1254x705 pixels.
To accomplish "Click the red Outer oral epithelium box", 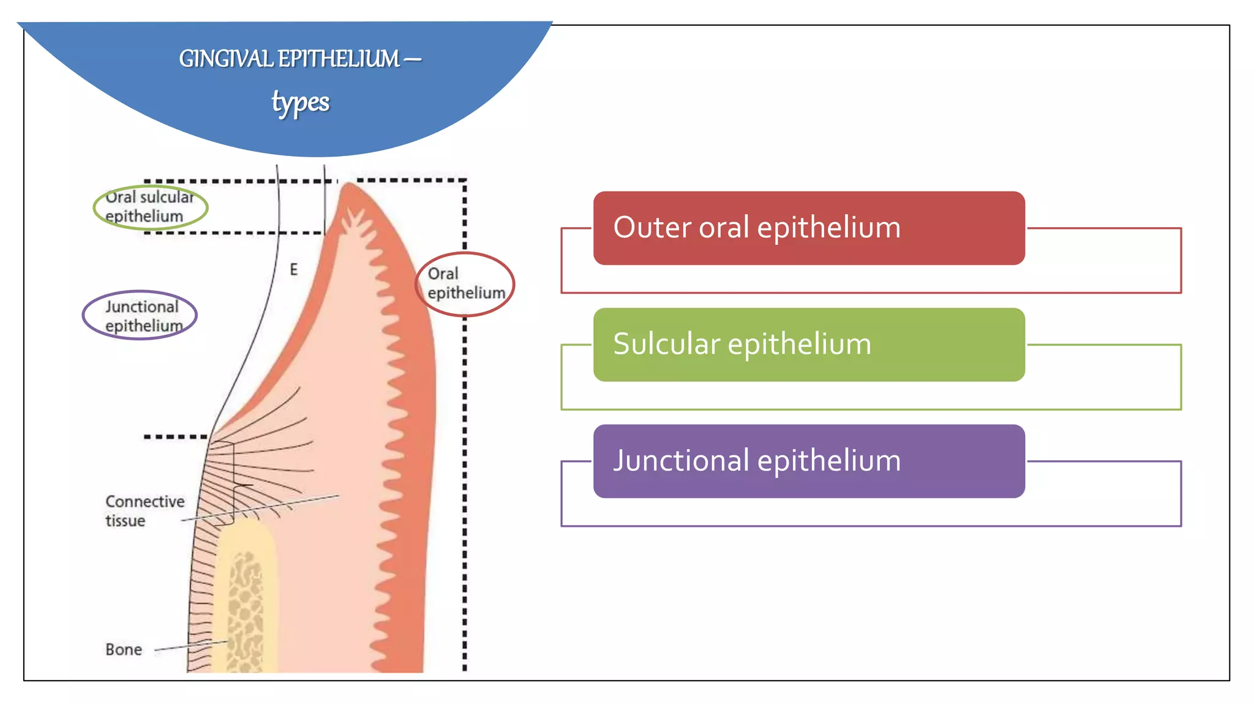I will pos(808,228).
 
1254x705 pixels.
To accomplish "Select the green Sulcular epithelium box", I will pos(808,345).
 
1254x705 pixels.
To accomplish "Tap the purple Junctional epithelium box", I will pos(808,461).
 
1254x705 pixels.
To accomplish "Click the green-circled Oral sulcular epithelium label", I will pos(150,207).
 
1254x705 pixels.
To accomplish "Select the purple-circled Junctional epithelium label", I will pos(141,316).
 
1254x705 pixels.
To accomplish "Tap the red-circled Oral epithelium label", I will pos(465,283).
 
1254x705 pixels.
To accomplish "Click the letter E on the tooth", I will pos(294,269).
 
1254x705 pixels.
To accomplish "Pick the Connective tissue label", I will pos(145,510).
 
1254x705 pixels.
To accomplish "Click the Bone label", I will pos(124,649).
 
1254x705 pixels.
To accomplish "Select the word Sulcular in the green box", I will pos(666,345).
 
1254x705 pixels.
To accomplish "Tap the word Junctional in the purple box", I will pos(681,461).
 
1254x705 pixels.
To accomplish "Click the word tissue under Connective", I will pos(125,521).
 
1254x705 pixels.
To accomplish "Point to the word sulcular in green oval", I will pos(167,197).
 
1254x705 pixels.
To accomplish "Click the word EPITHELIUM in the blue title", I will pos(339,59).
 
